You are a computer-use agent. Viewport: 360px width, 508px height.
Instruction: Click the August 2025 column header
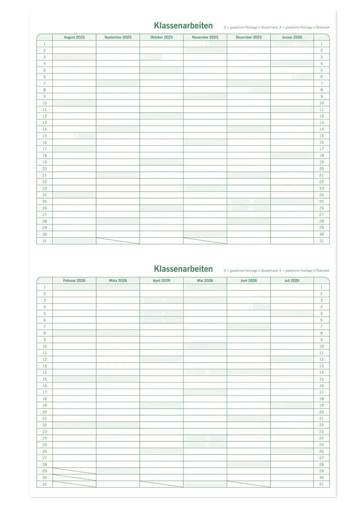point(74,37)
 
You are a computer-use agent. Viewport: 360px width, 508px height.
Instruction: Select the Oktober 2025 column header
point(162,37)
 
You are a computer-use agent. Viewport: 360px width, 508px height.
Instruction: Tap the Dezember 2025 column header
point(249,37)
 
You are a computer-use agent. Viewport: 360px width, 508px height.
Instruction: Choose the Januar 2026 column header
point(292,37)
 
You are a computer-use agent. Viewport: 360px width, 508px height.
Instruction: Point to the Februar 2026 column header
point(74,280)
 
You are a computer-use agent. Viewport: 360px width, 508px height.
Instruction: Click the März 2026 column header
point(118,280)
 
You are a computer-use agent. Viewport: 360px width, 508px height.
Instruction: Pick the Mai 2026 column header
point(205,280)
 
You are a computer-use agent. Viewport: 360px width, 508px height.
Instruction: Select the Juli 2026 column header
point(292,280)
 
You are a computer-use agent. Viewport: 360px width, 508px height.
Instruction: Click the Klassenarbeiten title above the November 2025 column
point(183,26)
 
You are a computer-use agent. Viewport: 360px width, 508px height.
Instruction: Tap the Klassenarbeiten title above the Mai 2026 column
point(183,269)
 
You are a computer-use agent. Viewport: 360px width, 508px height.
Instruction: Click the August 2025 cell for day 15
point(74,136)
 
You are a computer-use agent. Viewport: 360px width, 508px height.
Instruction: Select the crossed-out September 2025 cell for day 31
point(118,241)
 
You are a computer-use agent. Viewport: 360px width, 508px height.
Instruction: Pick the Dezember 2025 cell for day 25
point(249,201)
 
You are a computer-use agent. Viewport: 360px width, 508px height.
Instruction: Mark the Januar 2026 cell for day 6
point(292,77)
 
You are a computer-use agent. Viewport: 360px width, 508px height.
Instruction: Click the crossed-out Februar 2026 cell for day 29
point(74,471)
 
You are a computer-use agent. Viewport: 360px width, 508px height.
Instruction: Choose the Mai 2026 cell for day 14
point(205,372)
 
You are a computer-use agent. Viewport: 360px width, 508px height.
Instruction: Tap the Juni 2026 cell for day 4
point(249,307)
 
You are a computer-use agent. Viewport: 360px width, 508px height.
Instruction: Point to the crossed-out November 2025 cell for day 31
point(205,241)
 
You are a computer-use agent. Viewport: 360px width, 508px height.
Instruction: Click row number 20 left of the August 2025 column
point(45,169)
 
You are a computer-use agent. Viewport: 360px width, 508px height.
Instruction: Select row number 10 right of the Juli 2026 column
point(321,346)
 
